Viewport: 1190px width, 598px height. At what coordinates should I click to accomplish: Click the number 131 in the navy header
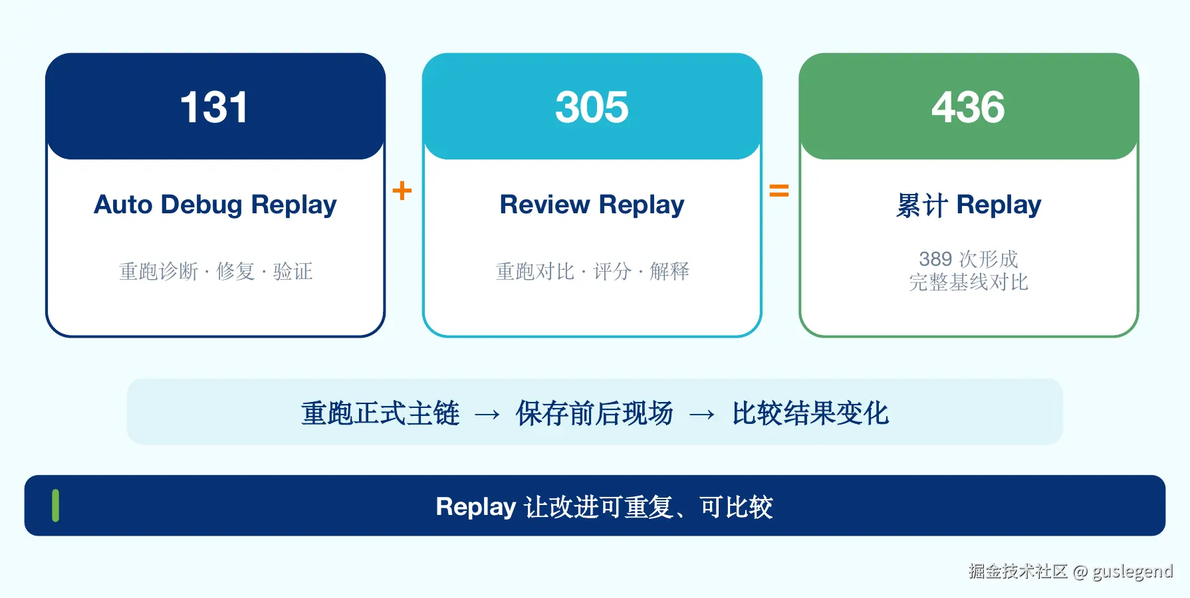214,108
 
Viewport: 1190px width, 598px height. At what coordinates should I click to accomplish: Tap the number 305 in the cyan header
592,108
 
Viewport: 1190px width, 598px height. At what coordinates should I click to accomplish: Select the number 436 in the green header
968,108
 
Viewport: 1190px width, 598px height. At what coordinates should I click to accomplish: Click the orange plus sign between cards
402,191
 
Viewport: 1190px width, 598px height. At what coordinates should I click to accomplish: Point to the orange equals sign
779,191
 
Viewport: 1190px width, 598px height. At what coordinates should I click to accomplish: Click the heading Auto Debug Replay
215,205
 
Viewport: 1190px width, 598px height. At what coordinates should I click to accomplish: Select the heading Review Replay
592,205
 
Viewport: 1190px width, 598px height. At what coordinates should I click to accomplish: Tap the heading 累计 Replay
969,205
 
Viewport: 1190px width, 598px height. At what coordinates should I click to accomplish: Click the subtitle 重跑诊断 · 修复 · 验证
215,271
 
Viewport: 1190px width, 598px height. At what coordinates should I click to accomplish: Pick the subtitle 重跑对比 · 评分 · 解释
592,271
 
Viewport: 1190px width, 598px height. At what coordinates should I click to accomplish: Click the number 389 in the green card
935,258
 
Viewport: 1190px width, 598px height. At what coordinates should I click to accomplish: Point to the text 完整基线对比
969,282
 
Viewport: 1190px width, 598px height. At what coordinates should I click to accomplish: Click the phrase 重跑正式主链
380,413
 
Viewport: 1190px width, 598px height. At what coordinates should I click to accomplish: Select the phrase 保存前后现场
594,413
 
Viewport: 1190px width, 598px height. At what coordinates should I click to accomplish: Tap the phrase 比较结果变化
810,413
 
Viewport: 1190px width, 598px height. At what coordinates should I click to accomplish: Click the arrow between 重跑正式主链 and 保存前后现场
487,415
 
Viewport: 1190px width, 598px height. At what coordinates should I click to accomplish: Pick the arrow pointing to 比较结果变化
702,415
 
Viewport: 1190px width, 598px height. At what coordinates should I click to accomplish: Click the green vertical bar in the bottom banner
55,506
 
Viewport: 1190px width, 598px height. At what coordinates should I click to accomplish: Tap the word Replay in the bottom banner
476,507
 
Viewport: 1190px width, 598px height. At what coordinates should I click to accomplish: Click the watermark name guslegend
1132,571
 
